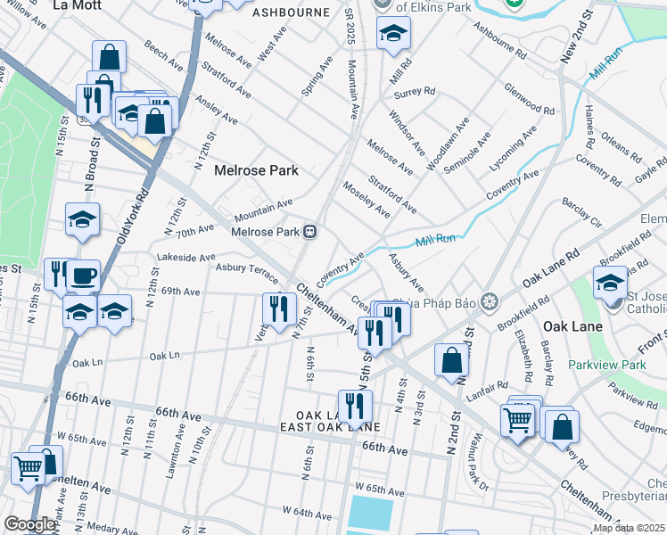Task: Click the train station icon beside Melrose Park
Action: click(310, 232)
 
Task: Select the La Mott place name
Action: click(73, 5)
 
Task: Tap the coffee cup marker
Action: click(85, 276)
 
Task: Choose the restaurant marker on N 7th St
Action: click(279, 309)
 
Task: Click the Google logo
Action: click(29, 524)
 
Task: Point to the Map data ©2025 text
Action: click(628, 528)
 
